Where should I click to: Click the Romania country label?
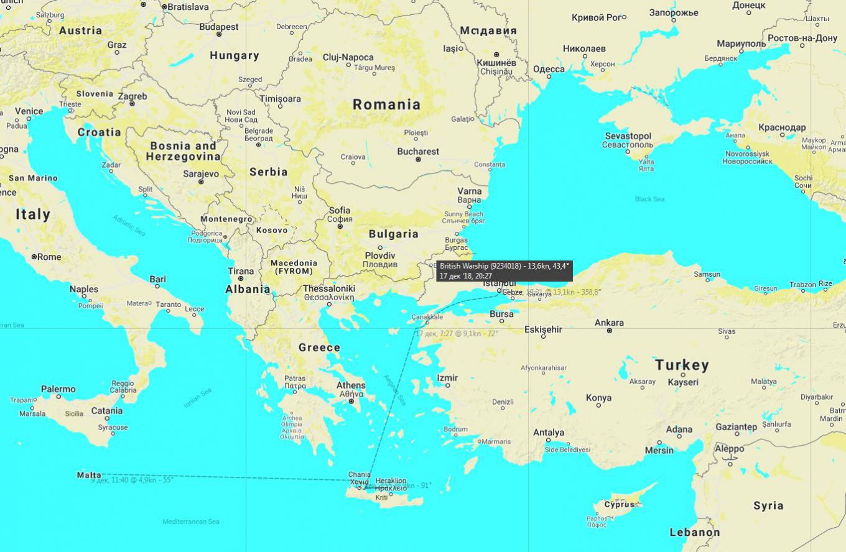386,104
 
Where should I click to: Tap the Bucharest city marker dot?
419,160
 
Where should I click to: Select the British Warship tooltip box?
504,270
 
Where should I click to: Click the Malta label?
89,475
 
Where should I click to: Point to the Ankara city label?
609,323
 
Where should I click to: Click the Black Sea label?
649,199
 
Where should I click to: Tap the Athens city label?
351,385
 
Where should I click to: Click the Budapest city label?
219,27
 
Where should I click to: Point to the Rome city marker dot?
34,257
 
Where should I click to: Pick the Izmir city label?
447,377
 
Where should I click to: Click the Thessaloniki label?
328,288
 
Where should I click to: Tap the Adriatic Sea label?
129,224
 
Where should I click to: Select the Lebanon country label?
694,532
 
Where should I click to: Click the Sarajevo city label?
200,174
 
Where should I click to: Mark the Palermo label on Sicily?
58,389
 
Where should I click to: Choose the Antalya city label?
549,433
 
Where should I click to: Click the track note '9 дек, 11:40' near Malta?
132,480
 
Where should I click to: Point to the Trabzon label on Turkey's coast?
802,284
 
